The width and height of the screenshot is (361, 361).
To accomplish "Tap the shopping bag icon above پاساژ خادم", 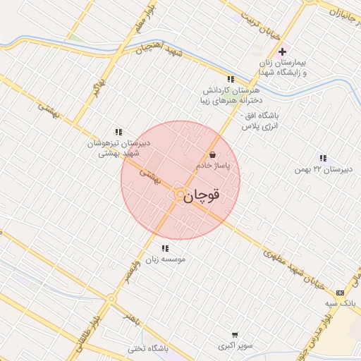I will point(213,155).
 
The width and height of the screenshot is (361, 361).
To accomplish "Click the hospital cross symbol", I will point(283,51).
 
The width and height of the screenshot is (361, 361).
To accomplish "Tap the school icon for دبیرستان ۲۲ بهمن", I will point(323,158).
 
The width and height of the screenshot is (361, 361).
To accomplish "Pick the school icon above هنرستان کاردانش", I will point(230,79).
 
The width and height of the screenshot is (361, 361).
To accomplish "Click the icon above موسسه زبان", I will point(164,248).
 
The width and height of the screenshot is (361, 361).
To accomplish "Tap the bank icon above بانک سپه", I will point(341,292).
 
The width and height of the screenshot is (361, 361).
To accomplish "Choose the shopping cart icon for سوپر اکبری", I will point(234,335).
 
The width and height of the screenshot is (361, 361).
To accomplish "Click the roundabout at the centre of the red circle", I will point(180,193).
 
